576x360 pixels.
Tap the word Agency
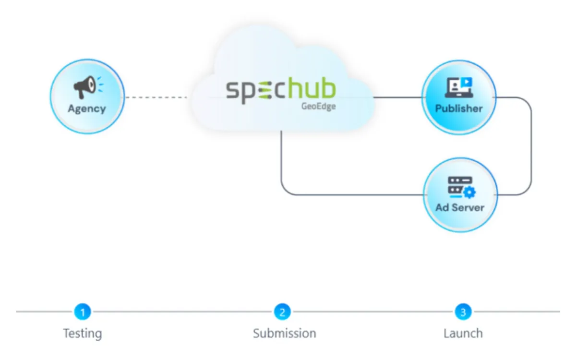tap(87, 108)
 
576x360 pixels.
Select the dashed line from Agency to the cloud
tap(156, 97)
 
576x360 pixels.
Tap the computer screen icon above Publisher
tap(459, 87)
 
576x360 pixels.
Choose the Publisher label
tap(459, 108)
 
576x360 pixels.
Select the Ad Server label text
tap(460, 208)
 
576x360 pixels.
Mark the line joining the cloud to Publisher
tap(397, 97)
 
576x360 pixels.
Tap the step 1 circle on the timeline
tap(83, 312)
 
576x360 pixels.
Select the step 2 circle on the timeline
tap(282, 312)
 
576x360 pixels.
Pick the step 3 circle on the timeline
tap(463, 312)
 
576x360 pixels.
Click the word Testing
tap(83, 333)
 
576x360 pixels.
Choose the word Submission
tap(285, 333)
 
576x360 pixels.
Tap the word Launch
tap(463, 333)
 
